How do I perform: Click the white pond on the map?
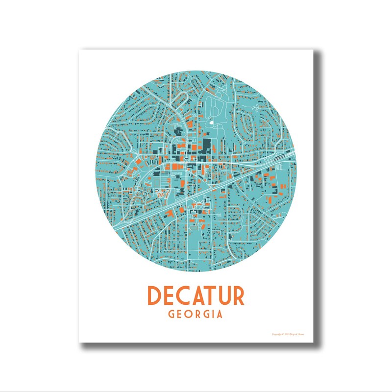(x=211, y=122)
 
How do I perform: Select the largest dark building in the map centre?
(x=206, y=146)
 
